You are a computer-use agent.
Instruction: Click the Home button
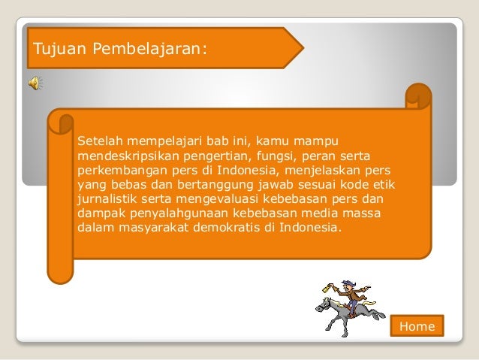tap(417, 326)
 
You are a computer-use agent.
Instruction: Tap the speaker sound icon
tap(36, 83)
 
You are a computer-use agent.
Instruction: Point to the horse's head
tap(324, 304)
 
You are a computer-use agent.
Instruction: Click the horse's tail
tap(379, 314)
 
